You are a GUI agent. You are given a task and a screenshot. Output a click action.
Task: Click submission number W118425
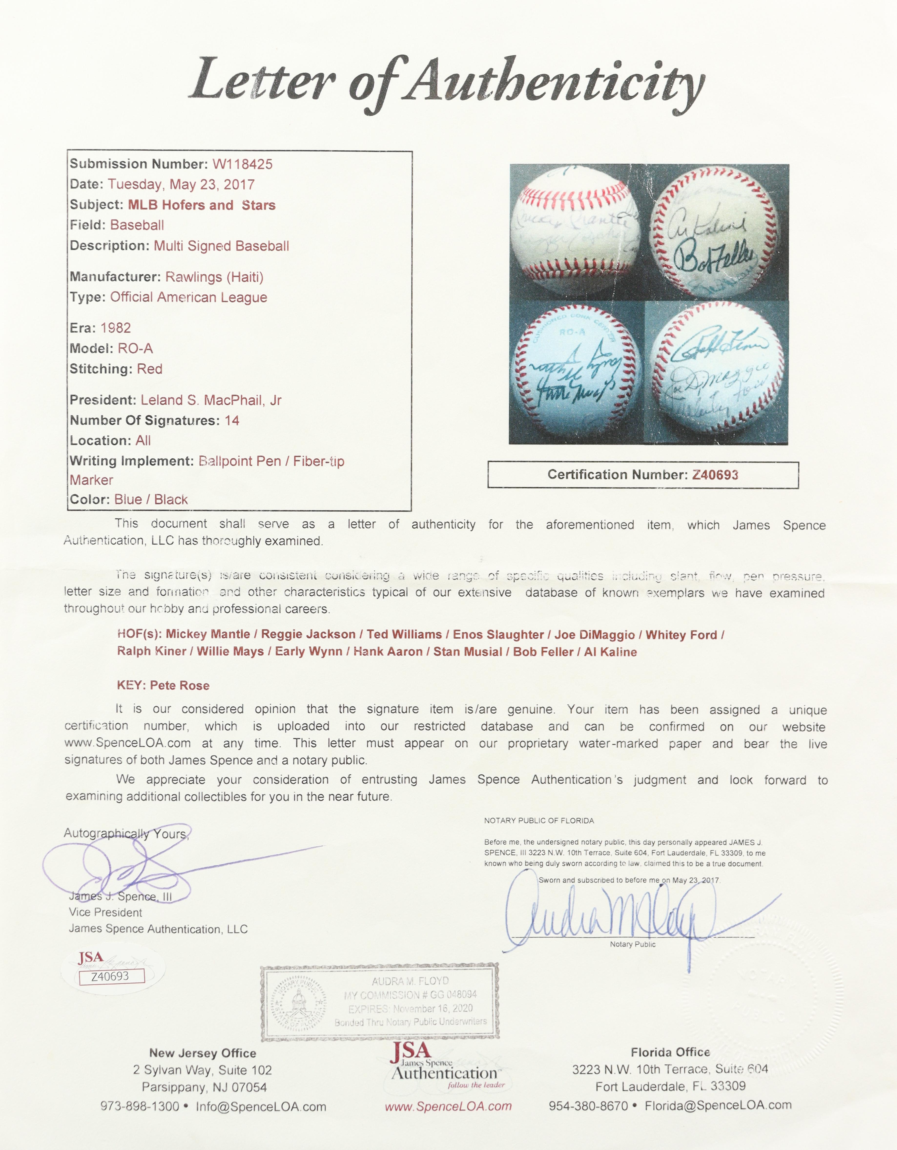pos(242,164)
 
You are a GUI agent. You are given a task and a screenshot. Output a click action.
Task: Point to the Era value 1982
pos(115,328)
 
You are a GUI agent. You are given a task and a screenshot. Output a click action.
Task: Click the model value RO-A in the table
pos(135,349)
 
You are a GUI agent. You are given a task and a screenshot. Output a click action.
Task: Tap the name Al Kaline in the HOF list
pos(610,652)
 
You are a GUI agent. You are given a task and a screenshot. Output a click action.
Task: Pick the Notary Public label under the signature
pos(632,944)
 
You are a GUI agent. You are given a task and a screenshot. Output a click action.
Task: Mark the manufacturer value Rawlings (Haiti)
pos(214,277)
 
